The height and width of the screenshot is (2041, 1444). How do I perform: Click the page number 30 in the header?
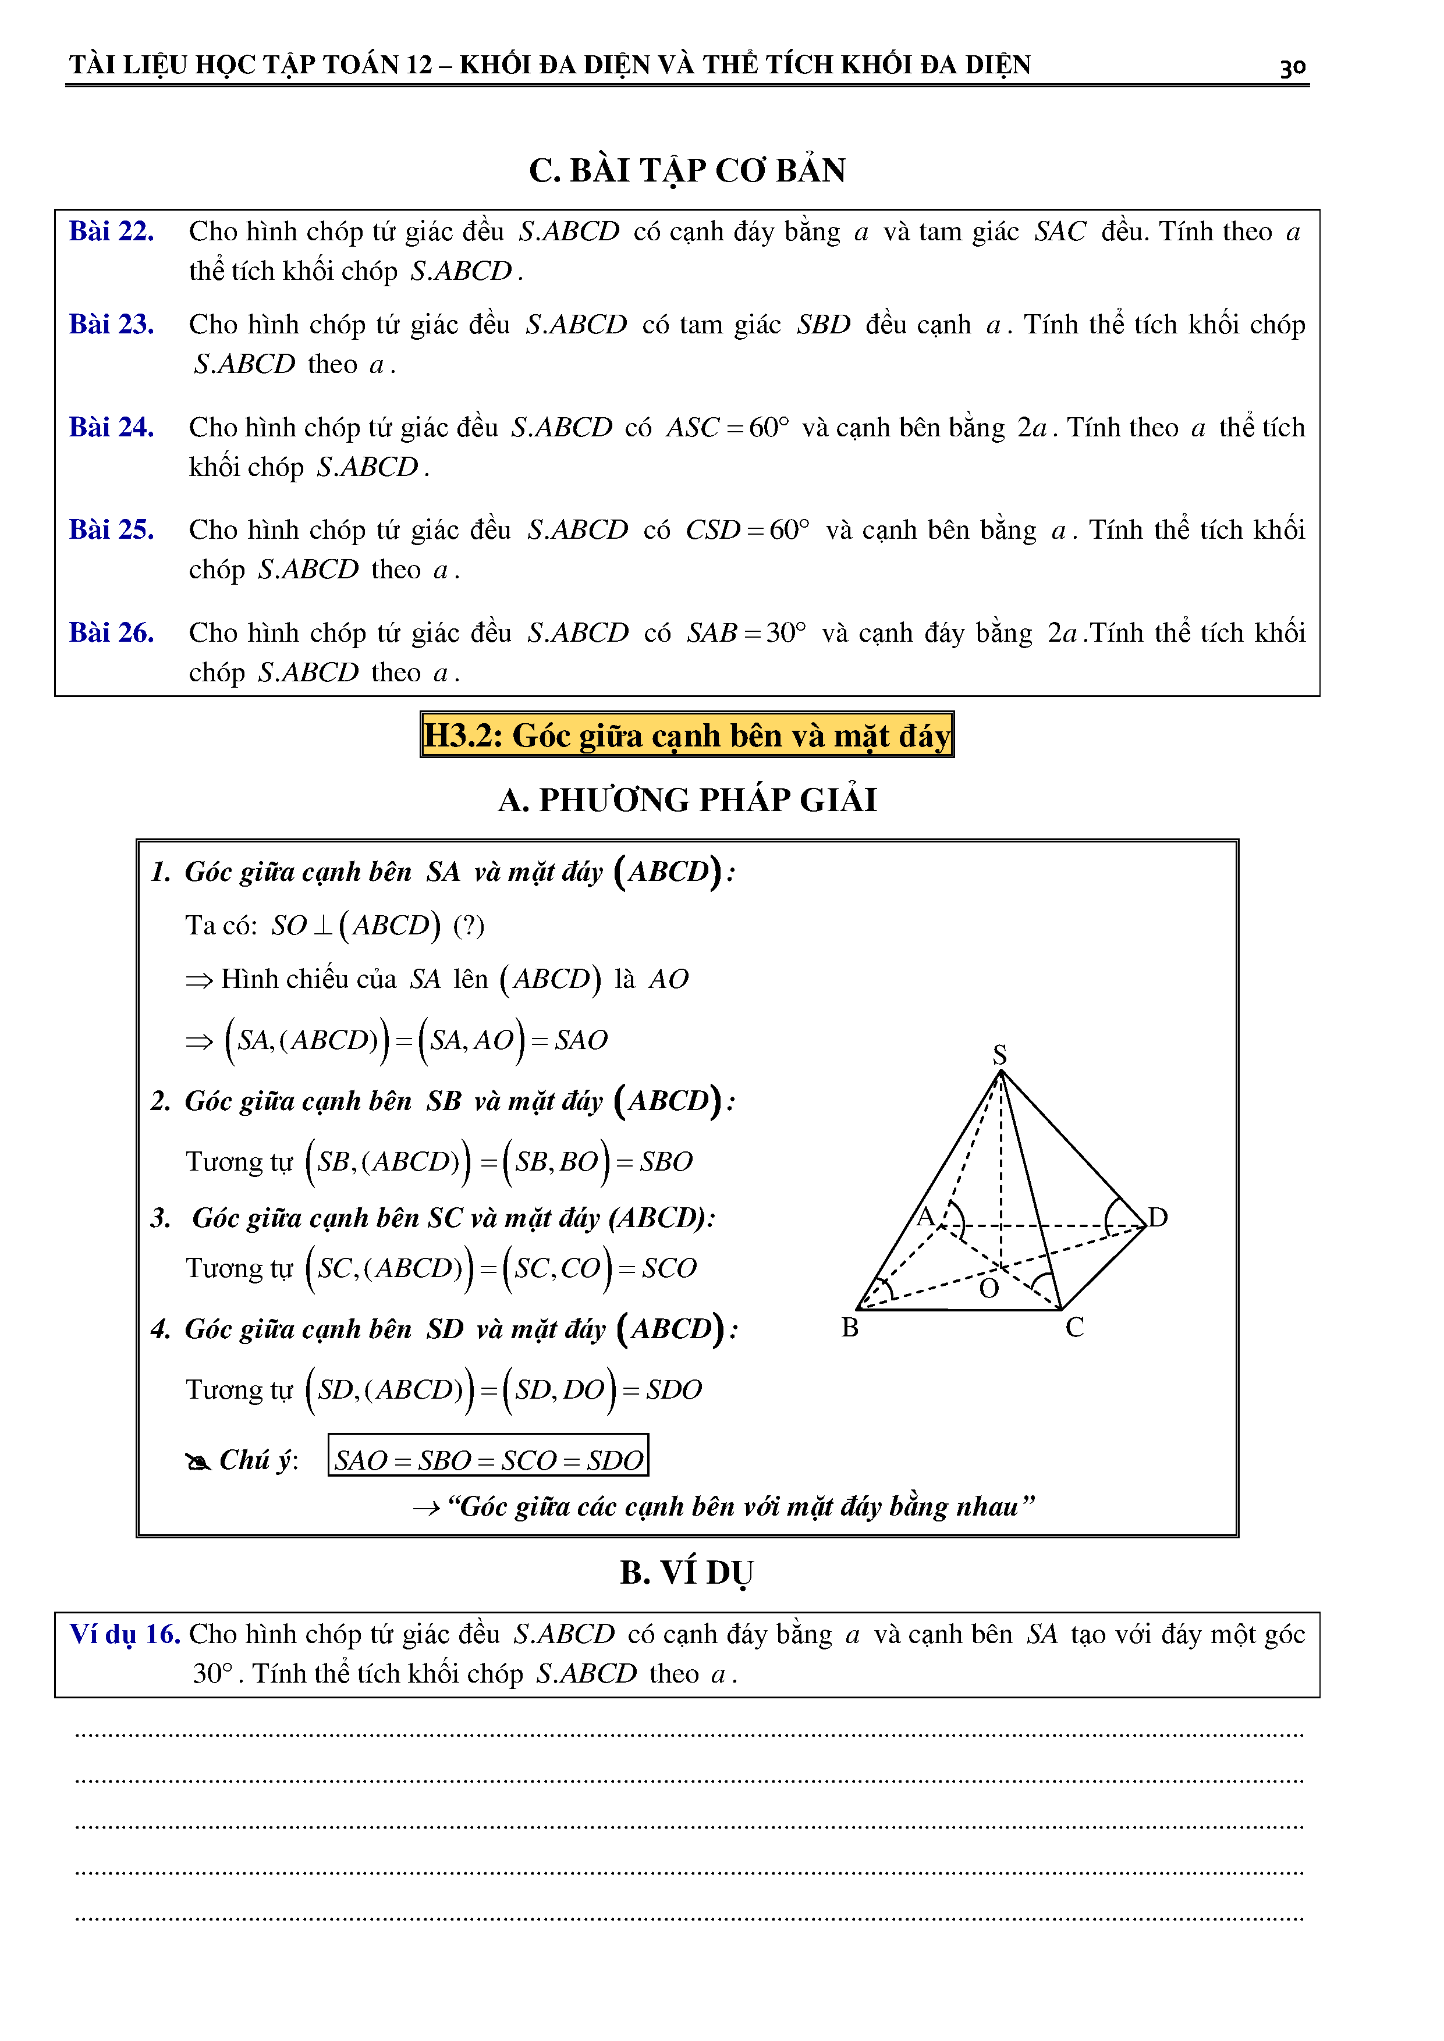[1292, 67]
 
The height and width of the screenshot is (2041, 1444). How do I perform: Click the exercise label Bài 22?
[111, 231]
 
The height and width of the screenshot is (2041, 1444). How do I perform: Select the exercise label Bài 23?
[111, 325]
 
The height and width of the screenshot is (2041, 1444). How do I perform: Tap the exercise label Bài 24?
[111, 428]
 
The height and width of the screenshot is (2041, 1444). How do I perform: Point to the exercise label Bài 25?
[111, 530]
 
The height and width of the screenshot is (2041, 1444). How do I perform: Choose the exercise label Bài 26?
[111, 633]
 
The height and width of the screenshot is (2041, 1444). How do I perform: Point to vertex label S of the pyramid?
[999, 1054]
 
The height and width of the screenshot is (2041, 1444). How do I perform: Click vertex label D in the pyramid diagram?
[1158, 1217]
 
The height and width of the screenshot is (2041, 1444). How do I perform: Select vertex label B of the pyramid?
[850, 1328]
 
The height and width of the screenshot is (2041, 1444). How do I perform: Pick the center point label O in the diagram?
[989, 1289]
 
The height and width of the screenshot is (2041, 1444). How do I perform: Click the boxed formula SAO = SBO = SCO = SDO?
[488, 1460]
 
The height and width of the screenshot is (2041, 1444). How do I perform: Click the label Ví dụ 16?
[125, 1634]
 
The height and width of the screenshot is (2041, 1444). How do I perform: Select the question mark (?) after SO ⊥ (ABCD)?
[469, 926]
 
